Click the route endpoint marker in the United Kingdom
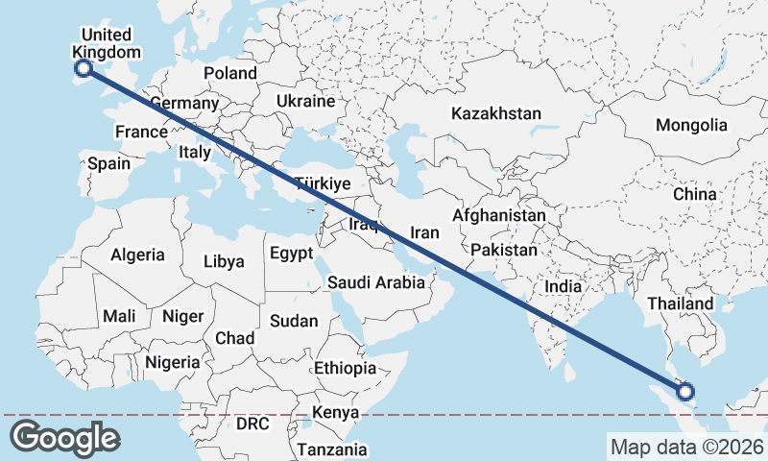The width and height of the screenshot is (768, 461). (x=84, y=68)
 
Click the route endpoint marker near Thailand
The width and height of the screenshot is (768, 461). (x=685, y=390)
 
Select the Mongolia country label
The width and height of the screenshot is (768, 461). (x=691, y=125)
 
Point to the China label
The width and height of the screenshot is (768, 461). (x=694, y=194)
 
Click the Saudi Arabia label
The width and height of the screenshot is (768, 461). (x=375, y=282)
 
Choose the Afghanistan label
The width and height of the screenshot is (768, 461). (x=499, y=216)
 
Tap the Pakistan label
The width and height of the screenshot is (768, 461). (x=504, y=250)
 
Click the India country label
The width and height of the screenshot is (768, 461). (x=563, y=286)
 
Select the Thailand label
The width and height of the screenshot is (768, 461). (x=680, y=303)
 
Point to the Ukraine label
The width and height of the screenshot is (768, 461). (x=305, y=101)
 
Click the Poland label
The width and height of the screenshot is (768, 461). (x=230, y=73)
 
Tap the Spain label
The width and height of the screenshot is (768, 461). (x=108, y=163)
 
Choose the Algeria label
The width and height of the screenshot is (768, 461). (x=137, y=255)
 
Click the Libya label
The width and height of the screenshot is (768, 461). (x=224, y=261)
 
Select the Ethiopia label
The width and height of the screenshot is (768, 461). (x=345, y=368)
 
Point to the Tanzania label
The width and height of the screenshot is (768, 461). (x=331, y=449)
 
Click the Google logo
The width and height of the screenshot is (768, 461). (x=64, y=438)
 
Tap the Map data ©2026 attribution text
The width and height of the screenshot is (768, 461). (x=686, y=447)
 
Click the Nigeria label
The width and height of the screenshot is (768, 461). (x=173, y=362)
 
